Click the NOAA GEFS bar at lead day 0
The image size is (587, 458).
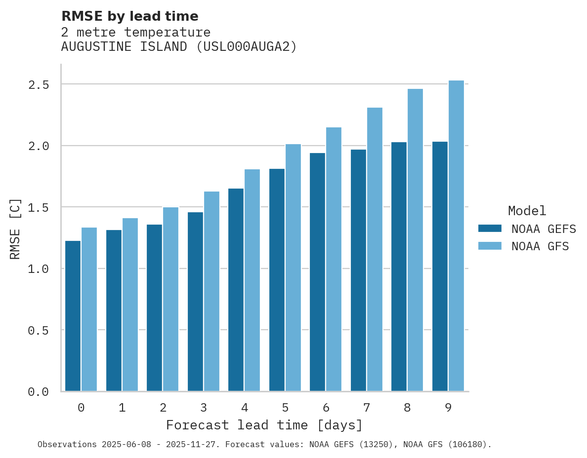(x=73, y=316)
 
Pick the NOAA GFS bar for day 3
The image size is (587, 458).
(x=211, y=291)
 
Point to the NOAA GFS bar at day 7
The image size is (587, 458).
(x=375, y=249)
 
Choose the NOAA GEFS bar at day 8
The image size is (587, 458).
(x=399, y=267)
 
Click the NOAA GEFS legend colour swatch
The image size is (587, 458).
(x=490, y=229)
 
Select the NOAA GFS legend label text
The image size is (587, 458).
(x=540, y=246)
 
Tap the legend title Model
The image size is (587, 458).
(x=527, y=211)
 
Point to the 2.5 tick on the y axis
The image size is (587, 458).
(x=39, y=84)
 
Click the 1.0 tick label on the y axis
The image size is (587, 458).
(x=39, y=269)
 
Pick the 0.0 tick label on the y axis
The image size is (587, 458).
(x=39, y=392)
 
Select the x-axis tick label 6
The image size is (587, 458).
(x=326, y=408)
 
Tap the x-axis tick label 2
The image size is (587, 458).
(x=163, y=408)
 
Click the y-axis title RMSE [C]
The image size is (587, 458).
(x=15, y=228)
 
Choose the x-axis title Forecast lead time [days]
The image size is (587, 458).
(x=264, y=425)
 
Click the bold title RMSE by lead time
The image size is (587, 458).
(x=129, y=16)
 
